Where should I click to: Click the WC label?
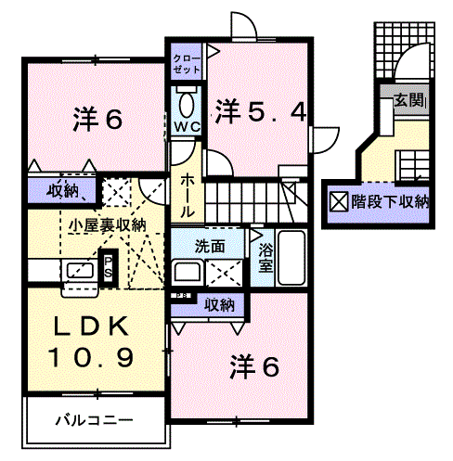pos(187,127)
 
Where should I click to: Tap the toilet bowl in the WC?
pos(187,105)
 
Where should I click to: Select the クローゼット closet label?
pos(187,64)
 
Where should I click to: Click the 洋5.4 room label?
pos(261,111)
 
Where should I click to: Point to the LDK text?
pos(92,327)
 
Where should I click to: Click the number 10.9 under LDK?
pos(92,357)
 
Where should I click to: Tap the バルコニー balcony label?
pos(95,420)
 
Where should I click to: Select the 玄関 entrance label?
pos(410,100)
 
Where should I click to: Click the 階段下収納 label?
pos(391,202)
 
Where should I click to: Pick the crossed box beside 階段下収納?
pos(339,201)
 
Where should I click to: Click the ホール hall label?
pos(188,195)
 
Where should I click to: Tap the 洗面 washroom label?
pos(209,247)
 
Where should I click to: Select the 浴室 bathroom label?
pos(265,257)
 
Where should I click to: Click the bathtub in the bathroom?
pos(291,257)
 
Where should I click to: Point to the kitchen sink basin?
pos(81,271)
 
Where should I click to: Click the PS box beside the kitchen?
pos(108,267)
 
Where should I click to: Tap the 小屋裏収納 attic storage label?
pos(107,225)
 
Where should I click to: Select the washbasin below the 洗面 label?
pos(187,273)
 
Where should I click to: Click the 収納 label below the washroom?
pos(219,305)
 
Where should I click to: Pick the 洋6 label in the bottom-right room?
pos(254,366)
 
